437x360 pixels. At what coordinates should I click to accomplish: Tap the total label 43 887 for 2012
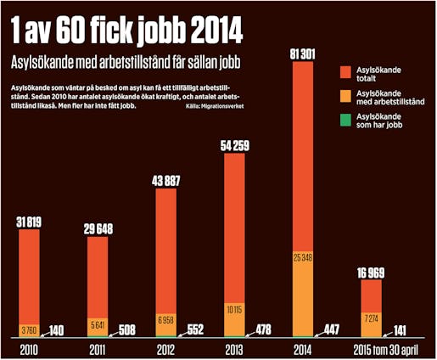(166, 180)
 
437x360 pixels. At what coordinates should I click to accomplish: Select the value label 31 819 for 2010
(30, 222)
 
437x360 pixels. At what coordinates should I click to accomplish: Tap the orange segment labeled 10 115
(237, 310)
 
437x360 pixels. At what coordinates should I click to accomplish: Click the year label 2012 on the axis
(166, 348)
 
